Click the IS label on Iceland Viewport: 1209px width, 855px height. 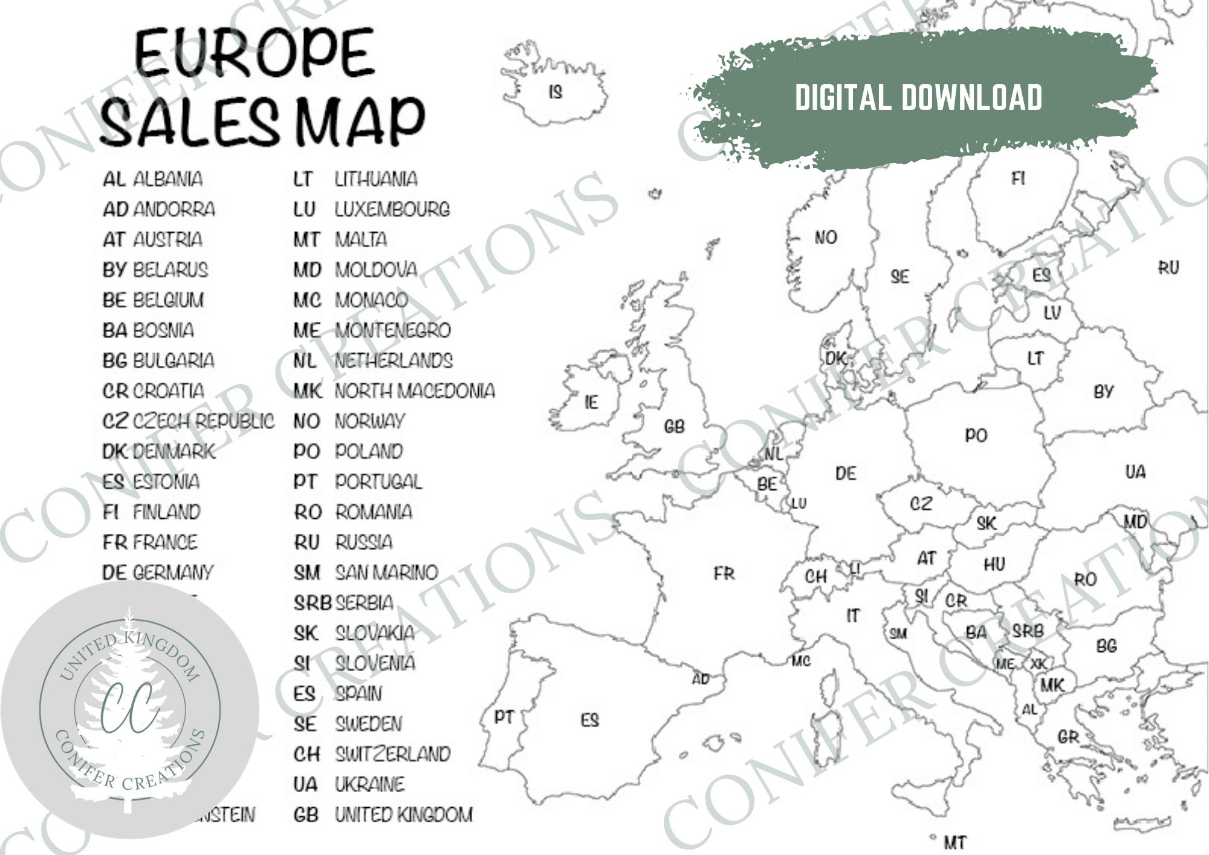[555, 92]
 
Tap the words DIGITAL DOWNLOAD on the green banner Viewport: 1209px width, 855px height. [918, 97]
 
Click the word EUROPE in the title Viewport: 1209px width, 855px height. [254, 53]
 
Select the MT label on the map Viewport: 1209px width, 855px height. [955, 841]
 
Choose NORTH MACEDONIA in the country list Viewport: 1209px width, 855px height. [415, 391]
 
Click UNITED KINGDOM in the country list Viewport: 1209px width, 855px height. [404, 814]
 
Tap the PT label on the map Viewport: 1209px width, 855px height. [504, 717]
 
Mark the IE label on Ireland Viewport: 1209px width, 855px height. [591, 402]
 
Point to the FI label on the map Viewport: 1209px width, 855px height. [1018, 178]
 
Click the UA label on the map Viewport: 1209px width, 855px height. [1135, 472]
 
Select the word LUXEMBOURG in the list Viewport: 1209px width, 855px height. [392, 209]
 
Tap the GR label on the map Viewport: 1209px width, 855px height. [1068, 737]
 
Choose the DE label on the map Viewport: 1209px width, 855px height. [845, 473]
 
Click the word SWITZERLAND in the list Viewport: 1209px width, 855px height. [393, 754]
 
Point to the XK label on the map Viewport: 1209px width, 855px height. [1038, 664]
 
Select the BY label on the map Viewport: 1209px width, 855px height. [1103, 392]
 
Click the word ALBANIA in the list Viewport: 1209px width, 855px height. [167, 179]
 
